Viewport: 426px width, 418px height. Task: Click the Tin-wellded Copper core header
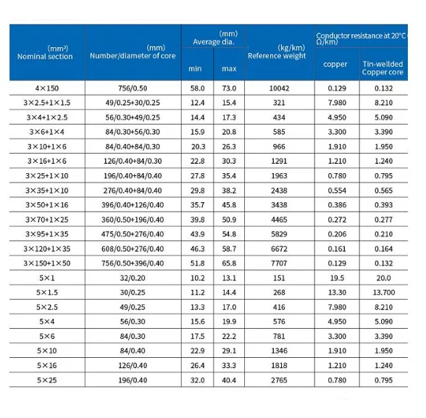(x=383, y=69)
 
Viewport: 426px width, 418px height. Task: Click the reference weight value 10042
(x=279, y=88)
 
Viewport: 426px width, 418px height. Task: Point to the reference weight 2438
(x=279, y=191)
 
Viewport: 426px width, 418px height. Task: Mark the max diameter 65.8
(x=229, y=263)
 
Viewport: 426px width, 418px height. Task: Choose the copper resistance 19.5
(x=336, y=278)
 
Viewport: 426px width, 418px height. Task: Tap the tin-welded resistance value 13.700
(x=383, y=293)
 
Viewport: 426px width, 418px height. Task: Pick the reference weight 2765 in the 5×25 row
(x=279, y=380)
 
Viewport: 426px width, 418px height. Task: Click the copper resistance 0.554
(x=336, y=191)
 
